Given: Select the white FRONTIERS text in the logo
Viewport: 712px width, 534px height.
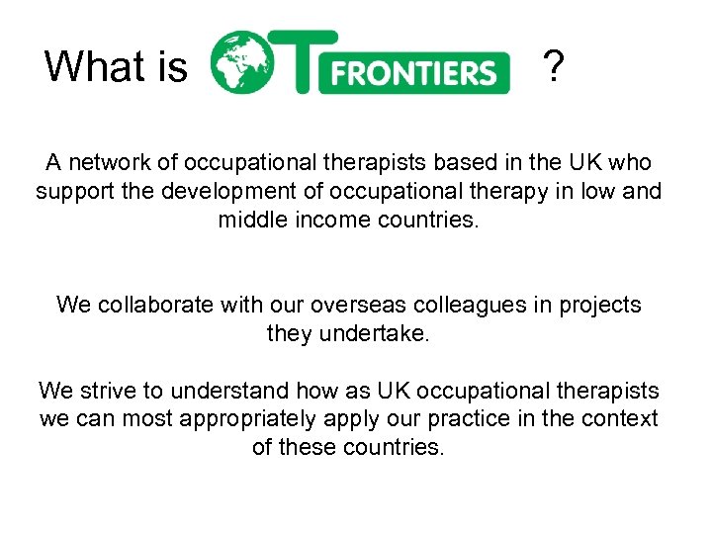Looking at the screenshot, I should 414,72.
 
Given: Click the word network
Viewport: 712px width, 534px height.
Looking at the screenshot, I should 107,163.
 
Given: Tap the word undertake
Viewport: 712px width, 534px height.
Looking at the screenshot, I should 375,333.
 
